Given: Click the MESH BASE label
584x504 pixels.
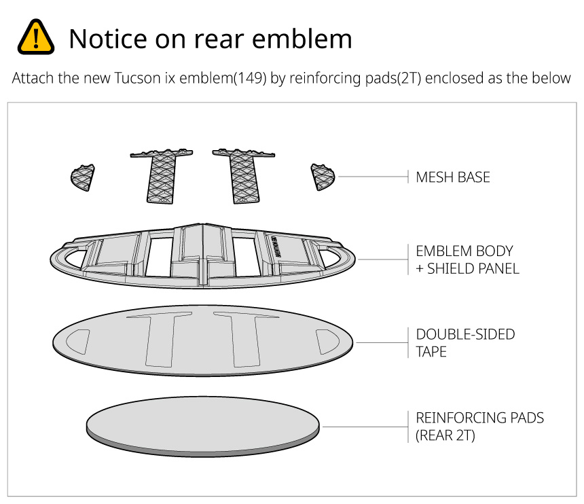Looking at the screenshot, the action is [x=453, y=178].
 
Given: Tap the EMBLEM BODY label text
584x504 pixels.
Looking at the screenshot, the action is [x=464, y=251].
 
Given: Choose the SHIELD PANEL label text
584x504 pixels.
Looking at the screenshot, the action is [x=473, y=268].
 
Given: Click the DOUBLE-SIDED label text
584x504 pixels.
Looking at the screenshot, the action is [x=465, y=335].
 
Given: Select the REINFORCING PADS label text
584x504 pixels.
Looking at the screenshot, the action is [x=479, y=418].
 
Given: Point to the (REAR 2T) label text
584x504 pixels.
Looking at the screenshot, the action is [x=445, y=435].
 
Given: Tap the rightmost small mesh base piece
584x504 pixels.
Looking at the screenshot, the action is [x=322, y=177].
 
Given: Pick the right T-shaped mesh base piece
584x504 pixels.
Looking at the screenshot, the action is [x=242, y=175].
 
